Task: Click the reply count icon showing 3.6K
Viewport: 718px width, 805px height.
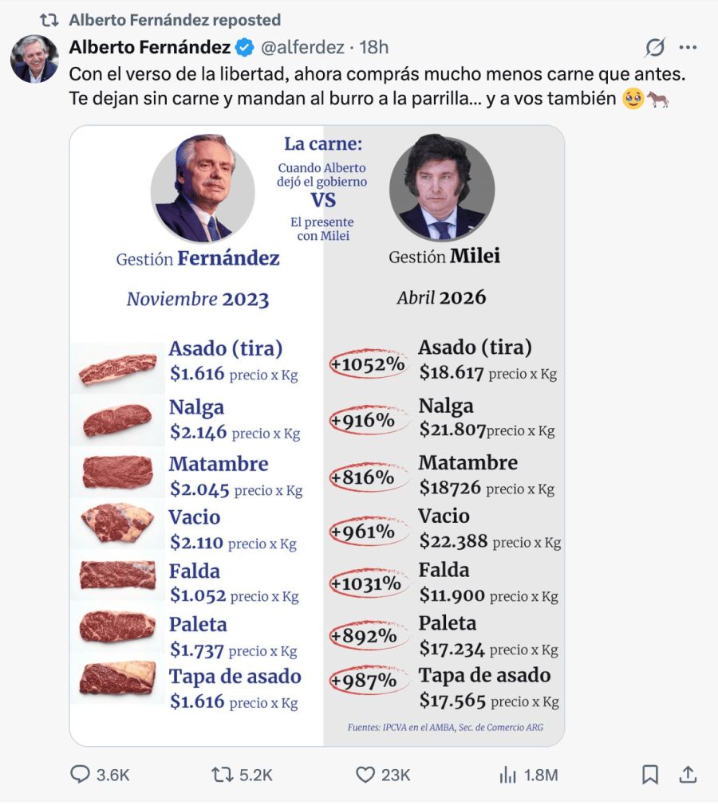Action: pyautogui.click(x=81, y=775)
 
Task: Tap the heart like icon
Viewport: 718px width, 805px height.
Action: pyautogui.click(x=365, y=775)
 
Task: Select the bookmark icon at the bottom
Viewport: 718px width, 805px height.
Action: pyautogui.click(x=650, y=775)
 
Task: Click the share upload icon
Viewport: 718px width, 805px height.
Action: pyautogui.click(x=688, y=774)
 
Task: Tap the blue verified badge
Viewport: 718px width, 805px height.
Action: pyautogui.click(x=245, y=48)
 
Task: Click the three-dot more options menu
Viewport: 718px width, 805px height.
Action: pyautogui.click(x=688, y=48)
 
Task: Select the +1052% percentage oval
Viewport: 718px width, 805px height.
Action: pyautogui.click(x=369, y=364)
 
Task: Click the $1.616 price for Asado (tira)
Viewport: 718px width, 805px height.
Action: pyautogui.click(x=197, y=373)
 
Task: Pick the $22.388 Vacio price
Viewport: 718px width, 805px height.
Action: pyautogui.click(x=453, y=541)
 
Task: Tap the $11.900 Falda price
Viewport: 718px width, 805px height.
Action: pyautogui.click(x=452, y=595)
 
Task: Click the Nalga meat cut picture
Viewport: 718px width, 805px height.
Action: pyautogui.click(x=116, y=420)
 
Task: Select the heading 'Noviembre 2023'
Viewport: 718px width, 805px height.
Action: pyautogui.click(x=197, y=300)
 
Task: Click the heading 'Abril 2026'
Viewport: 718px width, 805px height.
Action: pyautogui.click(x=441, y=298)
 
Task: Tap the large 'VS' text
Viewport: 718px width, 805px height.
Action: pyautogui.click(x=323, y=200)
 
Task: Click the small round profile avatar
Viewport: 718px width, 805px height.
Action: pyautogui.click(x=34, y=58)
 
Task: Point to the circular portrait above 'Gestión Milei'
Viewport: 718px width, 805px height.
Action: pyautogui.click(x=442, y=188)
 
